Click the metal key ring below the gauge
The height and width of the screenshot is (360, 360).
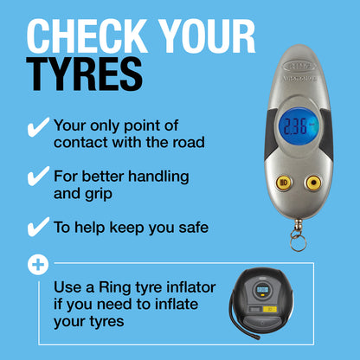pyautogui.click(x=299, y=240)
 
